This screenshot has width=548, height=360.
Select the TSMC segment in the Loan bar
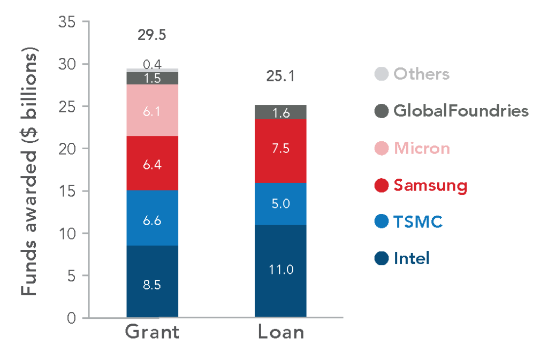click(280, 204)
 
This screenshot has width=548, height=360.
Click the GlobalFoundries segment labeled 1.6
click(280, 112)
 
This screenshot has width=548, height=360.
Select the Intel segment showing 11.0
click(280, 271)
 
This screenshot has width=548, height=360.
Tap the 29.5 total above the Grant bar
click(152, 36)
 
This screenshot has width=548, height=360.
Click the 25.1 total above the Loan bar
click(280, 76)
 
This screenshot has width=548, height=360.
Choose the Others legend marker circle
click(381, 74)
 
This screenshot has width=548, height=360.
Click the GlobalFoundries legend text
click(461, 111)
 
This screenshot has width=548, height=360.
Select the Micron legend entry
click(422, 148)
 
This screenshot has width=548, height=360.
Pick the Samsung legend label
click(430, 185)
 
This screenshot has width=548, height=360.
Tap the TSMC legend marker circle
click(381, 221)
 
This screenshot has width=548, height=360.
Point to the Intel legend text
click(412, 259)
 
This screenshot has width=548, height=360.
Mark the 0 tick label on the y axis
click(72, 318)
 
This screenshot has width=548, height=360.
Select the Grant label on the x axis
click(152, 332)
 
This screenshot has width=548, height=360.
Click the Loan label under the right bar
click(280, 332)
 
